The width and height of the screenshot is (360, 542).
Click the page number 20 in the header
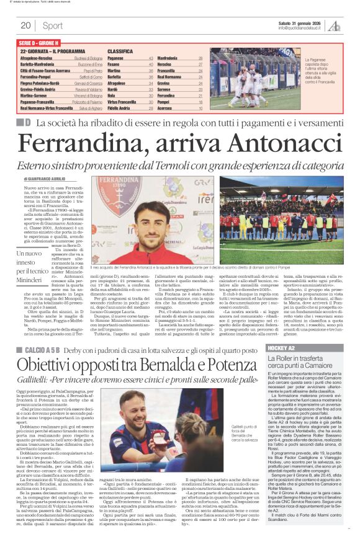pos(26,25)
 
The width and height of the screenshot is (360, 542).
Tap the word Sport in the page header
pos(53,25)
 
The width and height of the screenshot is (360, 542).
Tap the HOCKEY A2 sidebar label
pos(282,334)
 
